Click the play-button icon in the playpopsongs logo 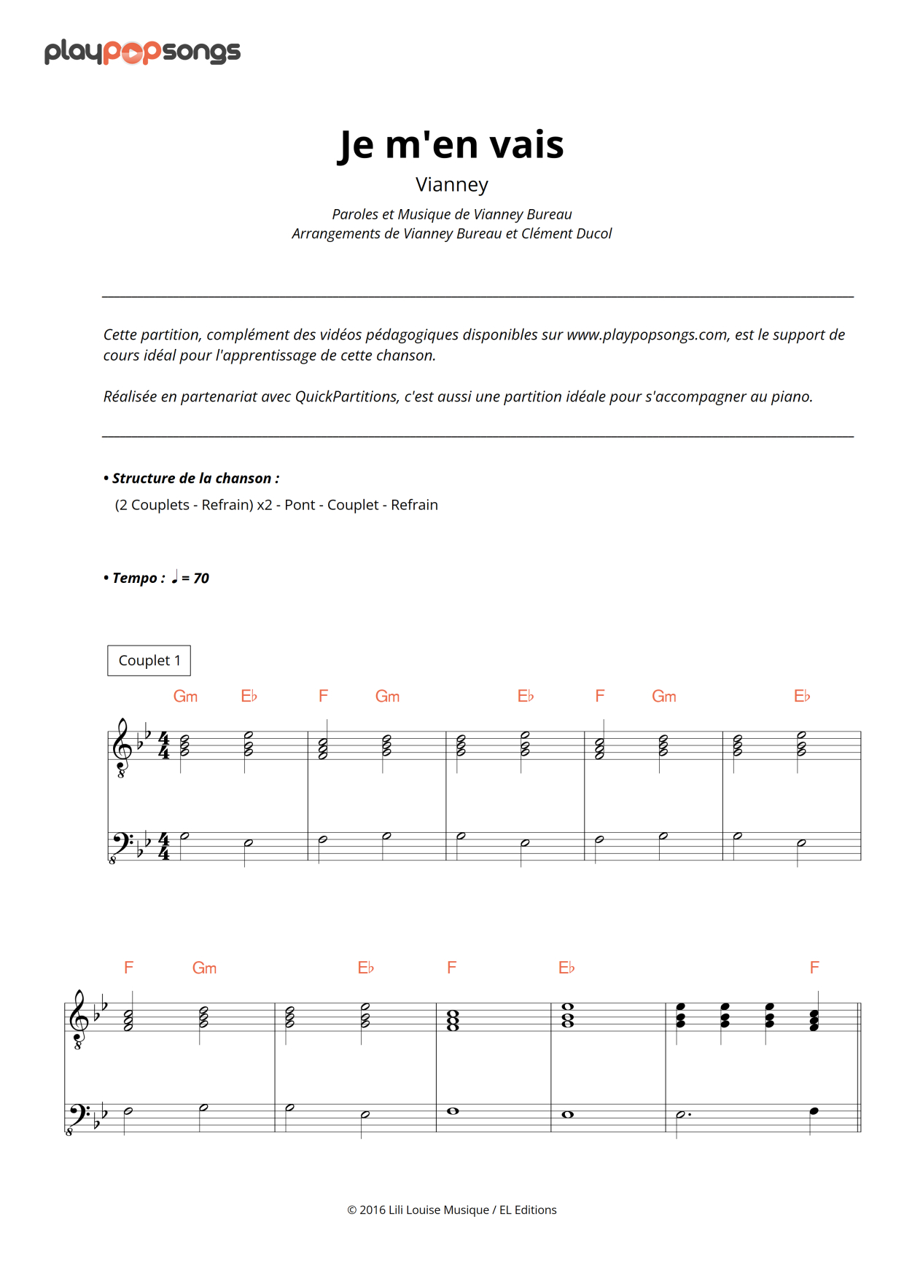(x=133, y=52)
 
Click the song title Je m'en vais (x=451, y=144)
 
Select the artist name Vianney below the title (x=451, y=184)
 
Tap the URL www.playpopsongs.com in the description (x=647, y=334)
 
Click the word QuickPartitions (x=346, y=396)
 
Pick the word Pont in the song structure (x=299, y=505)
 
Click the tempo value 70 (x=201, y=579)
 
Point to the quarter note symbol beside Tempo (x=174, y=578)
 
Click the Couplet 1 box (x=149, y=660)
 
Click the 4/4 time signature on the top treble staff (x=164, y=745)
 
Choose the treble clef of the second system (x=78, y=1018)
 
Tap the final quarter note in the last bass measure (x=814, y=1111)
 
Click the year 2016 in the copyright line (x=372, y=1210)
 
